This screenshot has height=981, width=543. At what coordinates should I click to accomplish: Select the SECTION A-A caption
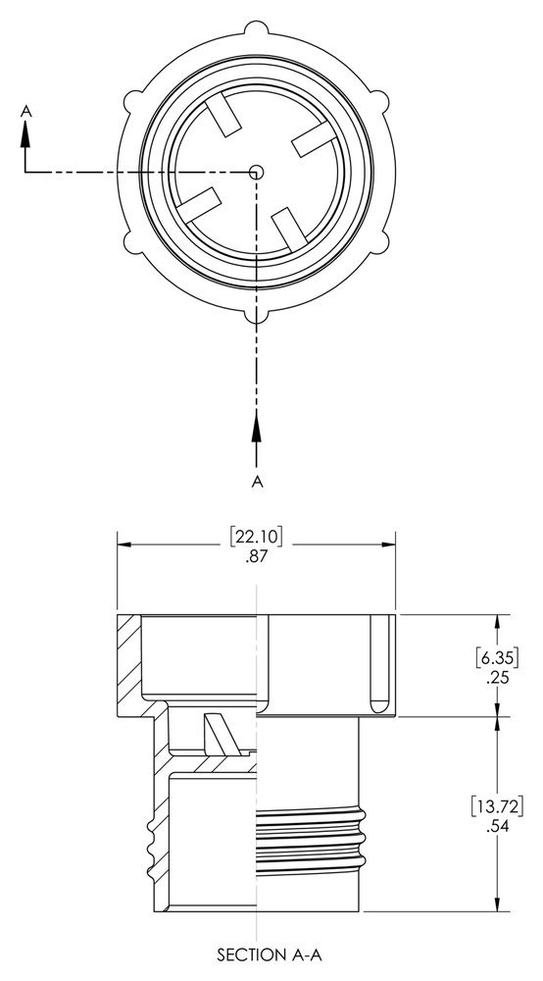pos(256,953)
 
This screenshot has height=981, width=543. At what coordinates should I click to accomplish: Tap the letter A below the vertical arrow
pos(257,481)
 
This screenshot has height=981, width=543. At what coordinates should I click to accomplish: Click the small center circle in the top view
pos(256,172)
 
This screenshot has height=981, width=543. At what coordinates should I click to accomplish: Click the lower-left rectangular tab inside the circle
pos(200,204)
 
